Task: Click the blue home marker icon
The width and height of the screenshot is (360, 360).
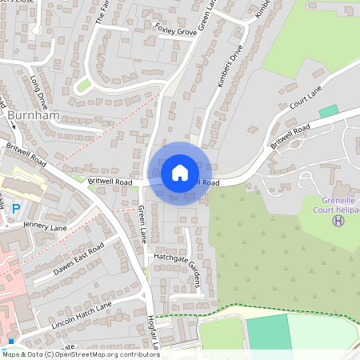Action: (180, 173)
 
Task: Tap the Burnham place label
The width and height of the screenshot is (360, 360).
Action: (34, 116)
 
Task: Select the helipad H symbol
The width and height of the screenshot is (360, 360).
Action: (338, 220)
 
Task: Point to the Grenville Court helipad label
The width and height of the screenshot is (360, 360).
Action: (334, 205)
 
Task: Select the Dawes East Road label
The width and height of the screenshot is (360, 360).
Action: (80, 258)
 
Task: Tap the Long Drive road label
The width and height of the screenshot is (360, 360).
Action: (38, 91)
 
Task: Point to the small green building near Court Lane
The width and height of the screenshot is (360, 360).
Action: (327, 110)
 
